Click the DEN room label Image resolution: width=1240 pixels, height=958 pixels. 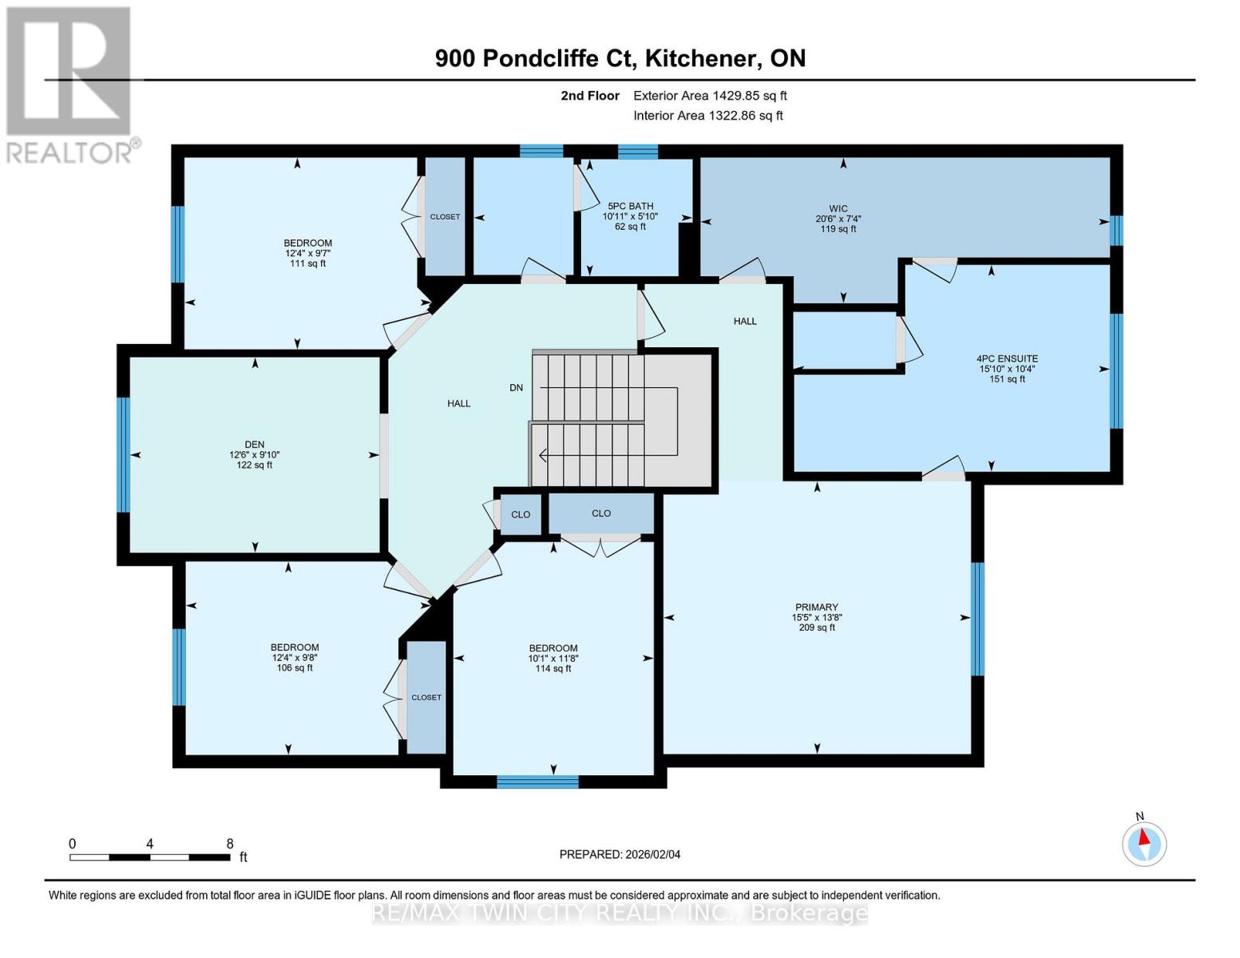(255, 445)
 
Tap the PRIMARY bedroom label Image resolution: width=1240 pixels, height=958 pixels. (816, 607)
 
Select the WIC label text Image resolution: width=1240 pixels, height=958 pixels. (838, 208)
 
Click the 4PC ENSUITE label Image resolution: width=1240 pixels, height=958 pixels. (1007, 359)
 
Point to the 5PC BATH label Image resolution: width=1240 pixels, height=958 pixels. (630, 206)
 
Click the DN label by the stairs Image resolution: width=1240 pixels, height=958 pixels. (517, 388)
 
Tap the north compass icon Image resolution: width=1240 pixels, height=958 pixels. (1144, 843)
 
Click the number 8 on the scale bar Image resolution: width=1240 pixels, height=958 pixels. (230, 844)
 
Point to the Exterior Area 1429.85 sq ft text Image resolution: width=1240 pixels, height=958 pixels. (710, 96)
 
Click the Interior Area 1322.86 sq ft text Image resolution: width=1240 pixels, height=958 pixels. (707, 116)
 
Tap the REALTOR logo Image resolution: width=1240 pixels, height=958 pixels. (70, 84)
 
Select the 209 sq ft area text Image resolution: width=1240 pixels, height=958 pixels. (816, 627)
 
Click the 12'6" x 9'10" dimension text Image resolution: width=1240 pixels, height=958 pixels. (255, 455)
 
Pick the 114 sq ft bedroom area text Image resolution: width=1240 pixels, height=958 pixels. (553, 669)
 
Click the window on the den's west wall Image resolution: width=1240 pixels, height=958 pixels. (123, 454)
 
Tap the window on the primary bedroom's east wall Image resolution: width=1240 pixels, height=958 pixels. (977, 619)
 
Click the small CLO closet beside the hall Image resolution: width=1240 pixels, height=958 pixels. (521, 514)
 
